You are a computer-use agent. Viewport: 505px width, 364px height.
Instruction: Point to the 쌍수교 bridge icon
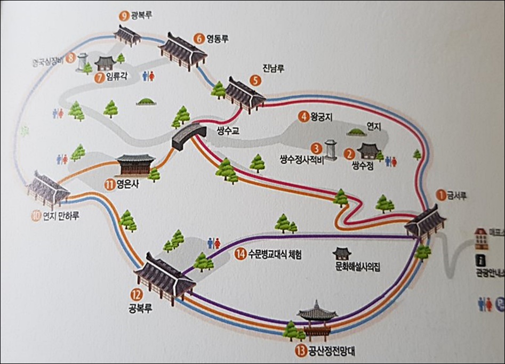(x=188, y=135)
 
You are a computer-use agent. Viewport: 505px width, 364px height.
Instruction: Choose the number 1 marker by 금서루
(x=440, y=195)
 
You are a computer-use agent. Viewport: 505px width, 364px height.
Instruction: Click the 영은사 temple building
(x=135, y=165)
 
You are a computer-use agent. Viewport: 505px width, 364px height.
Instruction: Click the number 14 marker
(x=240, y=254)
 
